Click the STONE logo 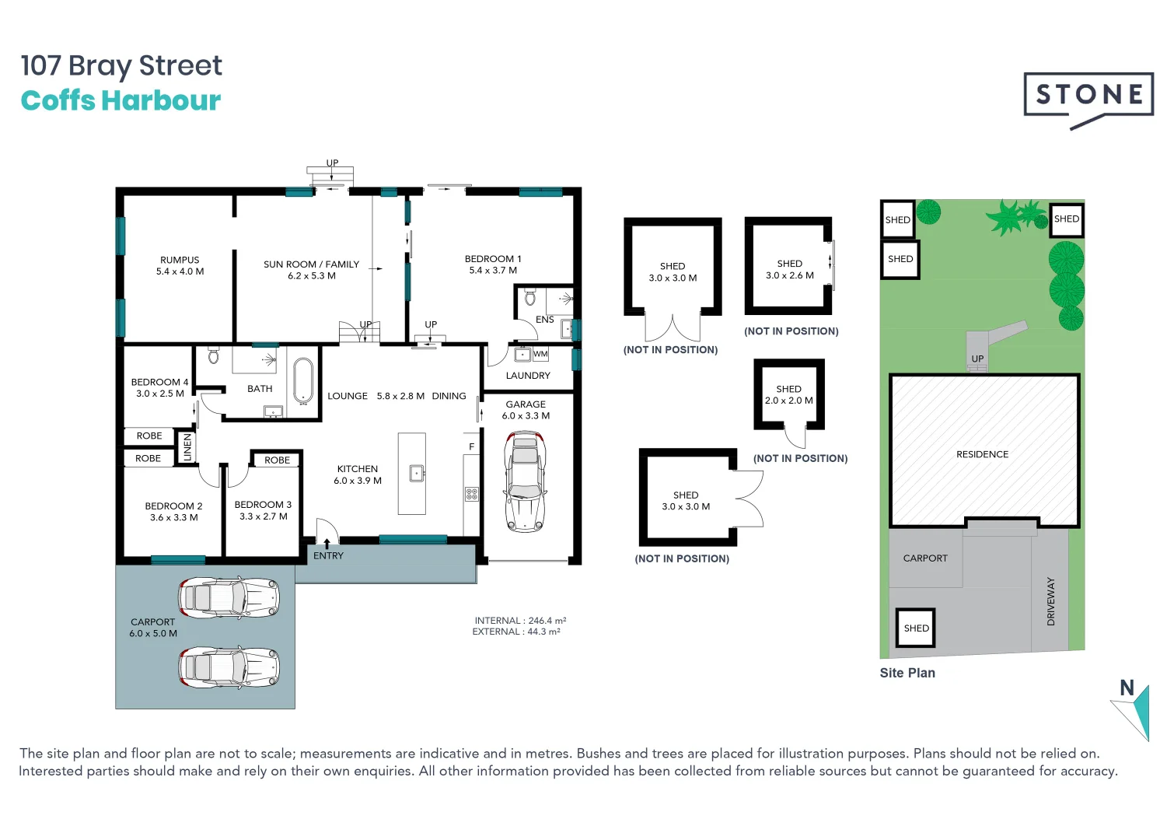click(x=1088, y=96)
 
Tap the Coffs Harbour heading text click(x=121, y=101)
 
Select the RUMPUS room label click(x=180, y=261)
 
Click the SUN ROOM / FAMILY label click(x=311, y=264)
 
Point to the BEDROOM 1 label click(x=493, y=259)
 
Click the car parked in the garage click(x=526, y=482)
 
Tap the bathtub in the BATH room click(x=302, y=380)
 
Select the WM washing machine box click(x=540, y=355)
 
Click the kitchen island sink click(x=417, y=473)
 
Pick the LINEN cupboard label click(x=187, y=447)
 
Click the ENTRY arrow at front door click(x=327, y=542)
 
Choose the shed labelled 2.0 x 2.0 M click(x=788, y=394)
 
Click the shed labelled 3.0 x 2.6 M click(x=789, y=268)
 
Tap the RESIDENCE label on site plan click(x=982, y=454)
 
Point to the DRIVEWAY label click(x=1051, y=601)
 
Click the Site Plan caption click(x=907, y=674)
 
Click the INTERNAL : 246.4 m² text click(x=520, y=621)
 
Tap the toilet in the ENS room click(x=530, y=298)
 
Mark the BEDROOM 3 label click(x=263, y=505)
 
